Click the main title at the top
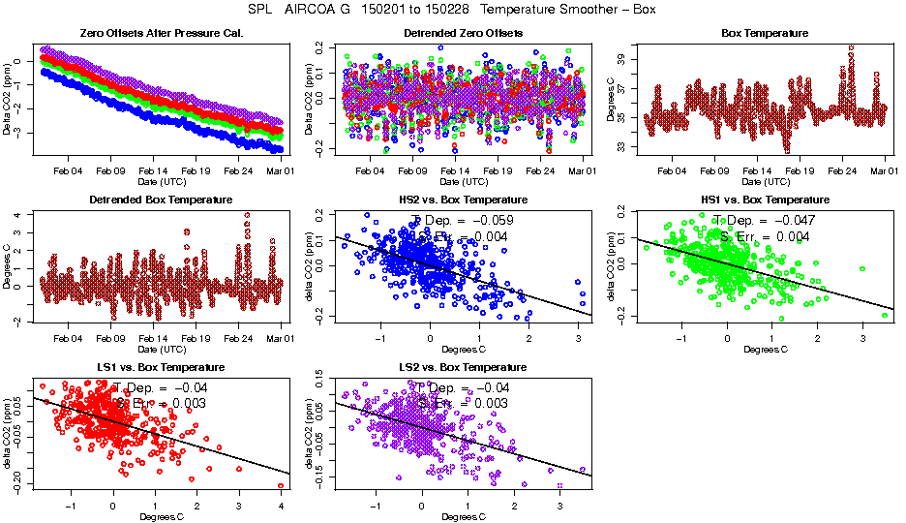[x=453, y=10]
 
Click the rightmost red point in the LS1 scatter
[x=281, y=485]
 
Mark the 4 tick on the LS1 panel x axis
[x=281, y=506]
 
